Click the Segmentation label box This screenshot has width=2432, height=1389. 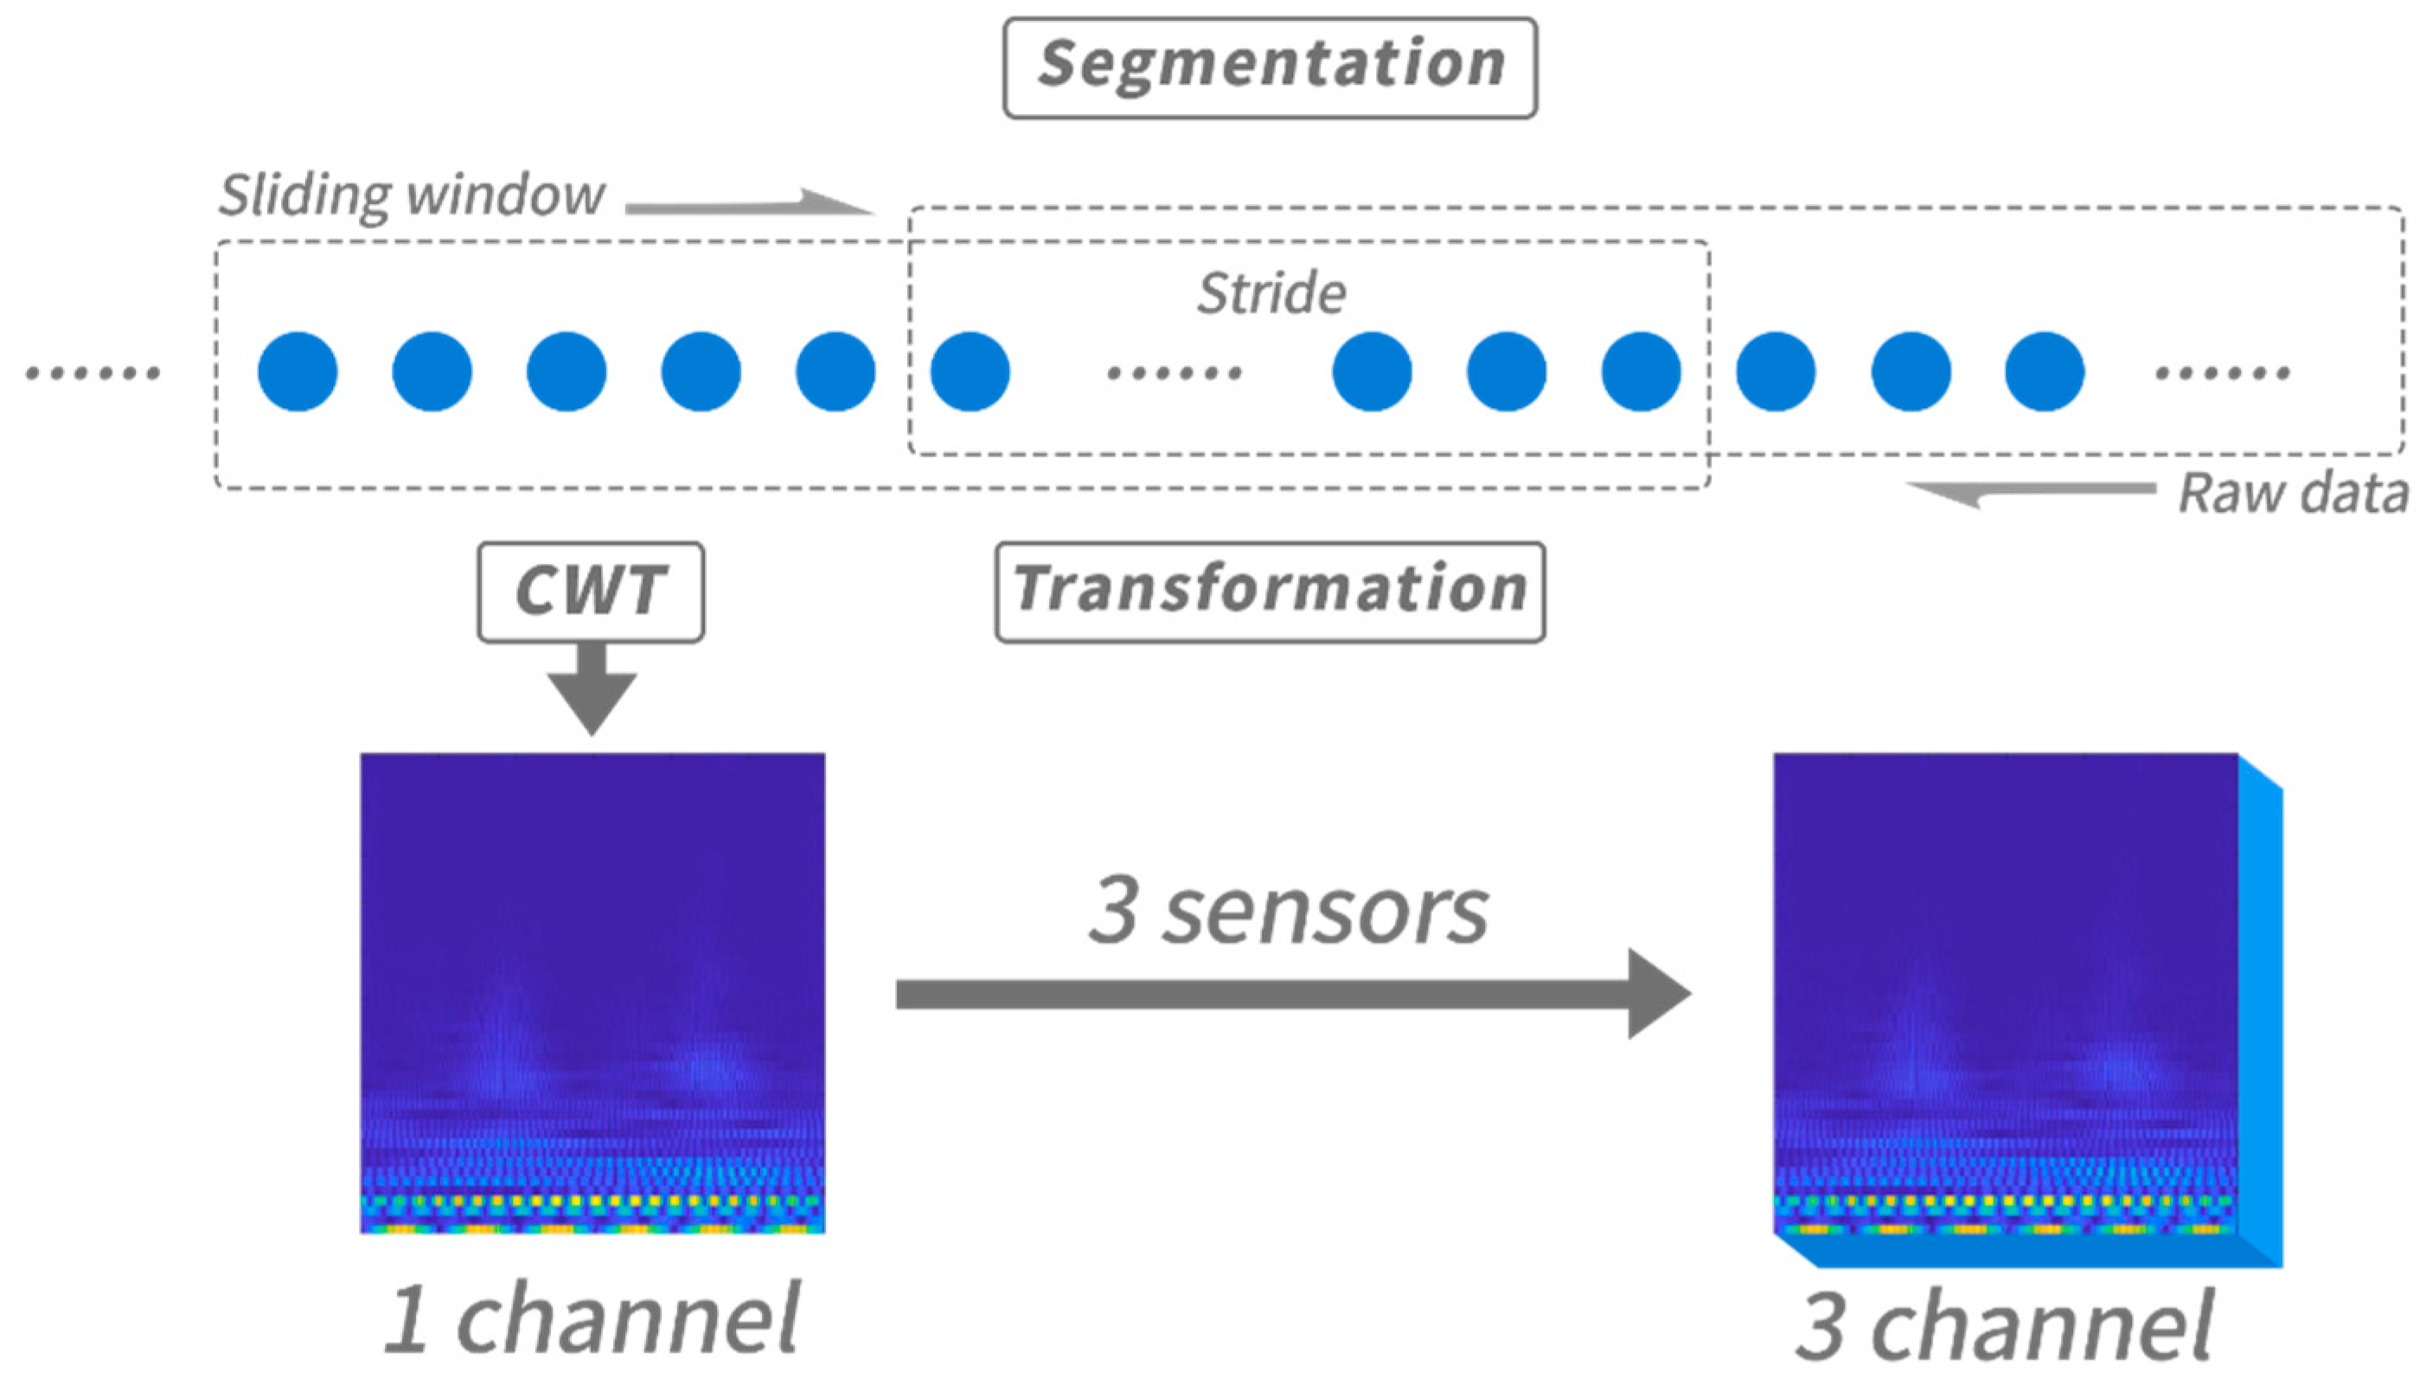tap(1270, 67)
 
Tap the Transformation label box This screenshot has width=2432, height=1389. tap(1270, 592)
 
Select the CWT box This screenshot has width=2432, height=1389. tap(591, 592)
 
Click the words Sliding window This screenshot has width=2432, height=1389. tap(412, 195)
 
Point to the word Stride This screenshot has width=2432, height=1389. tap(1271, 292)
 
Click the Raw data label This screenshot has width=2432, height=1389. tap(2293, 494)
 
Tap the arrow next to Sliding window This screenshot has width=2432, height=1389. tap(749, 203)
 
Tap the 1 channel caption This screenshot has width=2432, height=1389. tap(592, 1318)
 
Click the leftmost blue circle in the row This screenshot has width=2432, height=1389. tap(298, 371)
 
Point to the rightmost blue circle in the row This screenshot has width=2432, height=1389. tap(2045, 371)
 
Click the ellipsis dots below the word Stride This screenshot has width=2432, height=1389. tap(1174, 372)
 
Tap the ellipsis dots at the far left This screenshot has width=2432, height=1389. tap(93, 372)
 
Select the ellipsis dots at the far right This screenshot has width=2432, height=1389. tap(2222, 372)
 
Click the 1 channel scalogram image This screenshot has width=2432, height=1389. tap(592, 992)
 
